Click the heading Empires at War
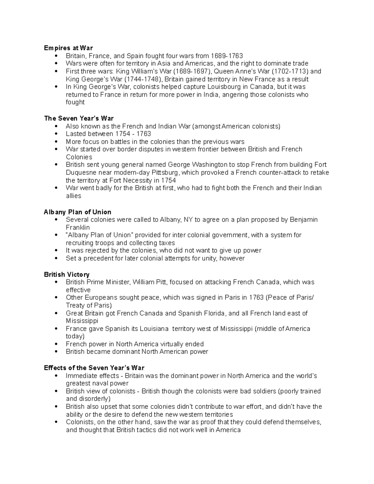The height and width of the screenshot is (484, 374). pyautogui.click(x=68, y=48)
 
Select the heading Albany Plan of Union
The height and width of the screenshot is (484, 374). pyautogui.click(x=77, y=212)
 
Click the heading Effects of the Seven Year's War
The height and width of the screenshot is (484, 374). pyautogui.click(x=94, y=368)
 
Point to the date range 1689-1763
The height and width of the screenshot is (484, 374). pyautogui.click(x=227, y=56)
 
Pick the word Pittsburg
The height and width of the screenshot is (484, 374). pyautogui.click(x=166, y=173)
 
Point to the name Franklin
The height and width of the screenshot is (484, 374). pyautogui.click(x=78, y=228)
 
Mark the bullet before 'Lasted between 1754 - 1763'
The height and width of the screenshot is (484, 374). pyautogui.click(x=56, y=134)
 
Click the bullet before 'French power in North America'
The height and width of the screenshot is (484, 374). pyautogui.click(x=56, y=344)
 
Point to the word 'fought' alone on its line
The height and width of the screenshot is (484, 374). pyautogui.click(x=75, y=102)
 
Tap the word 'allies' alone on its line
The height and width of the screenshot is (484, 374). pyautogui.click(x=73, y=196)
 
